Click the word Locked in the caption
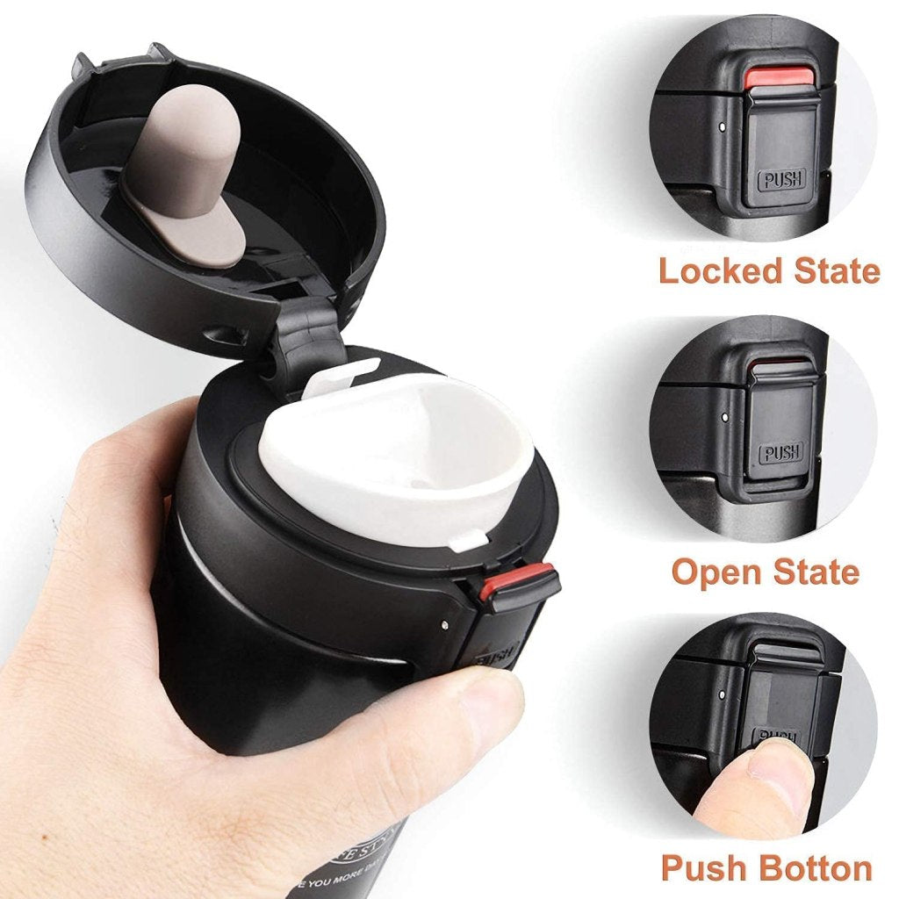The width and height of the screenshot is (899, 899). click(720, 270)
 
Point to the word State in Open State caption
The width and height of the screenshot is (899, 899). click(816, 572)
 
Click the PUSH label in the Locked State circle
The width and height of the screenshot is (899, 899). click(780, 182)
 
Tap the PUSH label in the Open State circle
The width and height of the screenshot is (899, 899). click(780, 454)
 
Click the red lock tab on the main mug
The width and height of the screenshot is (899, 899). click(518, 581)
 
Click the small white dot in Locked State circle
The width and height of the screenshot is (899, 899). click(721, 127)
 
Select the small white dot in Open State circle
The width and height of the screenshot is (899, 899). click(721, 410)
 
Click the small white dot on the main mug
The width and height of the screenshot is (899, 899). click(444, 625)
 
